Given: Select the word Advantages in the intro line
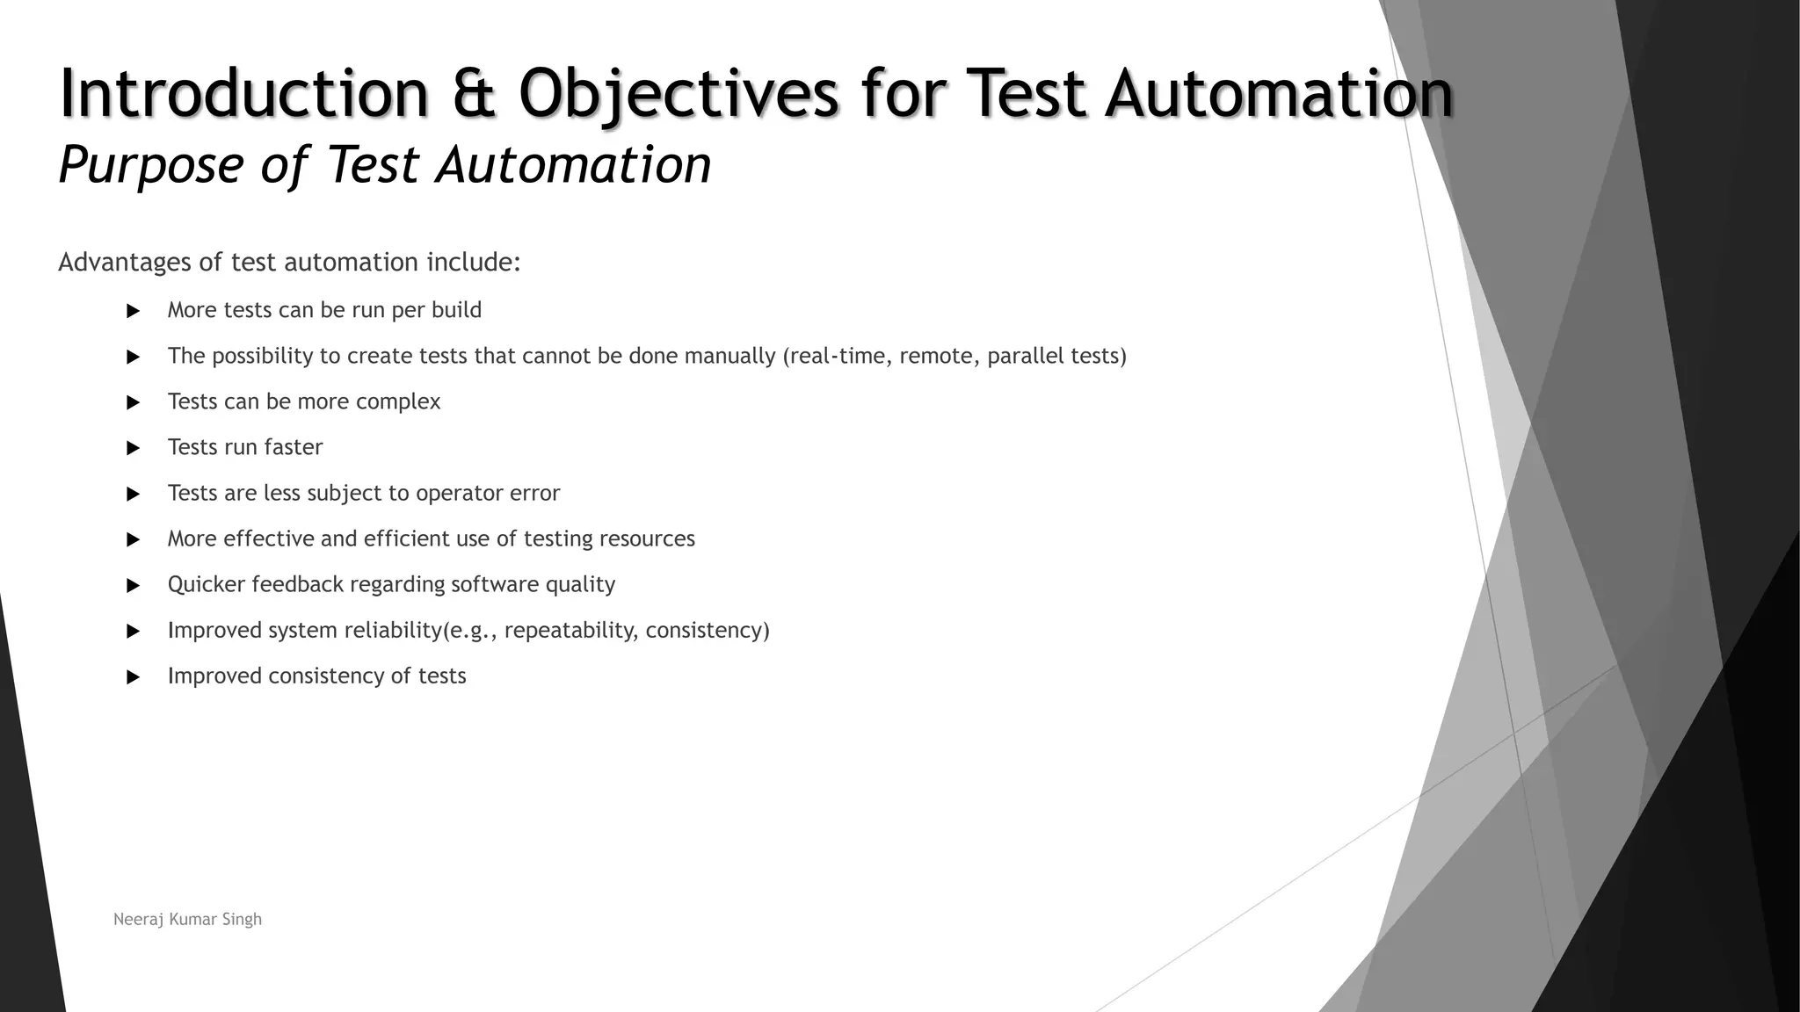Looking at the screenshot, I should tap(124, 263).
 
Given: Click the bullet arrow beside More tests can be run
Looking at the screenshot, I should tap(134, 311).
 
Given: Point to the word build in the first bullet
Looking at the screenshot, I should tap(456, 310).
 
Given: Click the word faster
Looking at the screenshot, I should tap(294, 447).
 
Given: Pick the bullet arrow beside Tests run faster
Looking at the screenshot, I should tap(134, 448).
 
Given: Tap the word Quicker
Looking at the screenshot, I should tap(207, 584).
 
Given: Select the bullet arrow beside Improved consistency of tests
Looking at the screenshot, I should tap(134, 676).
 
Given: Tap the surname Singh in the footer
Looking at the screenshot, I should tap(242, 920).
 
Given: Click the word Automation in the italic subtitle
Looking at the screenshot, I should tap(573, 166).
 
